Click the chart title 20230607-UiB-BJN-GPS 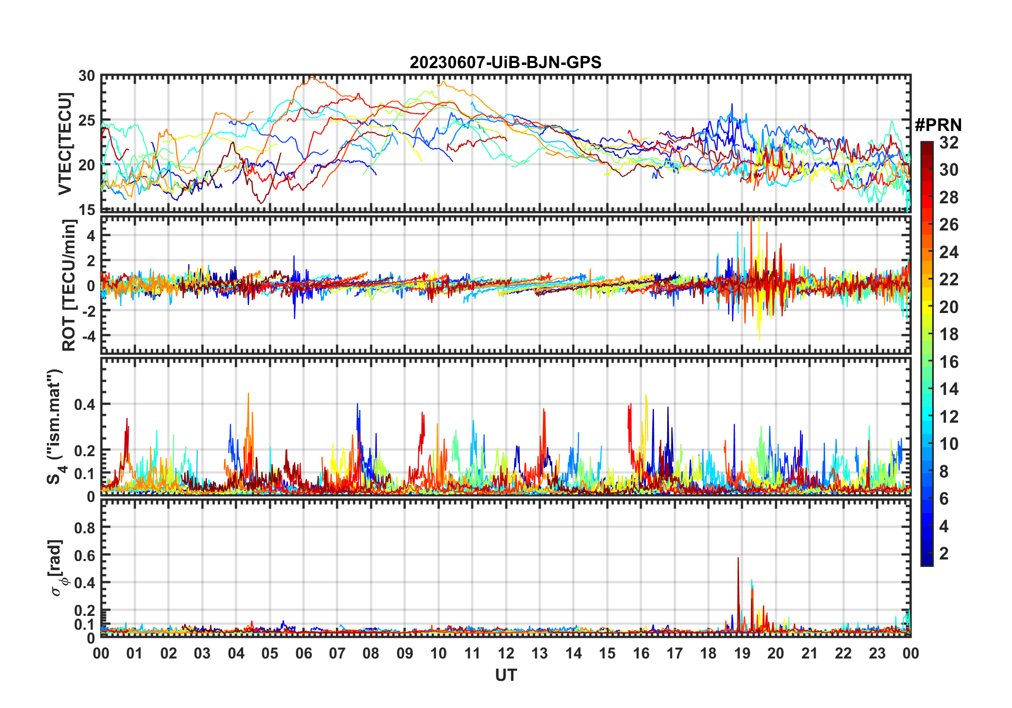coord(505,63)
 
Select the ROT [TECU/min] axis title coord(69,285)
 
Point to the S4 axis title coord(55,426)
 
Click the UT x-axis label coord(505,676)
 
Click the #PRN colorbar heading coord(938,125)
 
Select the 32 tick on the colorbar coord(949,143)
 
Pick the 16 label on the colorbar coord(949,362)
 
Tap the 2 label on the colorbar coord(944,554)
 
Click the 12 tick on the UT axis coord(506,653)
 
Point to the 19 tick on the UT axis coord(742,653)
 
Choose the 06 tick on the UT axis coord(304,653)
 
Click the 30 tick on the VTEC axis coord(87,76)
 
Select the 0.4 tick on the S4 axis coord(85,405)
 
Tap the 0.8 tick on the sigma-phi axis coord(85,528)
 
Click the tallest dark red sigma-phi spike coord(738,559)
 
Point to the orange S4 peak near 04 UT coord(248,394)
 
